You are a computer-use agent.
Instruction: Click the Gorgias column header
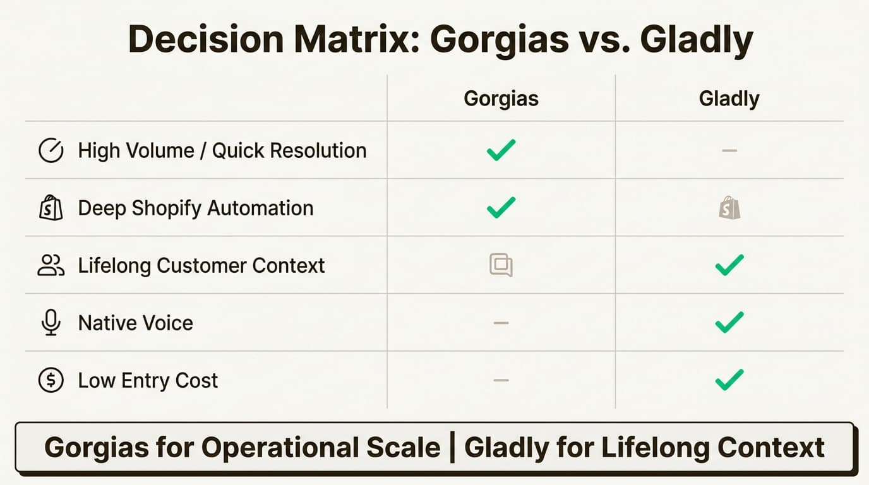[x=501, y=99]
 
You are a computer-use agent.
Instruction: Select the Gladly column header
[x=729, y=99]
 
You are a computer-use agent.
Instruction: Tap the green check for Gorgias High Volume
[x=501, y=150]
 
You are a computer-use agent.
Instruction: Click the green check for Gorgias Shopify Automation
[x=501, y=207]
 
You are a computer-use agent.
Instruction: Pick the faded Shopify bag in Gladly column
[x=729, y=208]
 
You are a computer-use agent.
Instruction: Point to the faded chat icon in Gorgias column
[x=501, y=265]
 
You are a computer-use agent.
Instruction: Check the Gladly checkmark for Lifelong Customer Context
[x=729, y=265]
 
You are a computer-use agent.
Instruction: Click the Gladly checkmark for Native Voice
[x=729, y=322]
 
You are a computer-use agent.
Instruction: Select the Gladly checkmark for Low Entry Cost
[x=729, y=380]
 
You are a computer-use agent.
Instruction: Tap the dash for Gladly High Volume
[x=729, y=151]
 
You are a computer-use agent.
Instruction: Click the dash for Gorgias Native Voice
[x=501, y=323]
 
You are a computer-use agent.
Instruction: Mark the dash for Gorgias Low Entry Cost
[x=501, y=380]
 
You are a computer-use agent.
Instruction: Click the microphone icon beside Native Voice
[x=51, y=323]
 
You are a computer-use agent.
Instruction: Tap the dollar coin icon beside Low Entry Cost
[x=51, y=380]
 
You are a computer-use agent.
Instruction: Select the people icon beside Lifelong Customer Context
[x=51, y=265]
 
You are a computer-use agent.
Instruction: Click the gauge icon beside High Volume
[x=51, y=151]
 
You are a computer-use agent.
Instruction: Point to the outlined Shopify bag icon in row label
[x=51, y=208]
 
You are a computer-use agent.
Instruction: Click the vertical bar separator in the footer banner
[x=452, y=448]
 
